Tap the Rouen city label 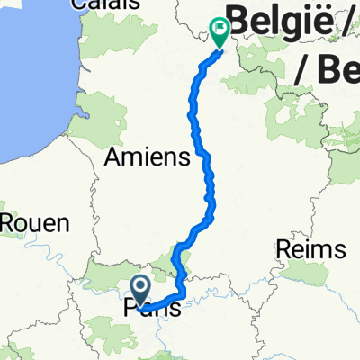35,221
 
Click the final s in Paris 174,309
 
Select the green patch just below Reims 306,274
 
